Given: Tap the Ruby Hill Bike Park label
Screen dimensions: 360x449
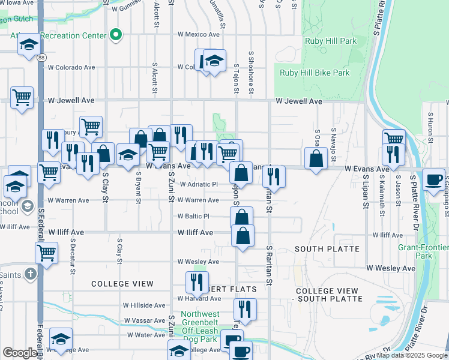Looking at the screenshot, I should [315, 73].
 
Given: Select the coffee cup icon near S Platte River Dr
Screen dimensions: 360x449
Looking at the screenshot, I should [433, 179].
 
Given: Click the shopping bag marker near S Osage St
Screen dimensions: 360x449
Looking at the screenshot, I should [315, 159].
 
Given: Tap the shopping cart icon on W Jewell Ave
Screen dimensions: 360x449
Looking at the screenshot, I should [22, 97].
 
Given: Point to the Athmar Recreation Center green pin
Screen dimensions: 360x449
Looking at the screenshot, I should [116, 35].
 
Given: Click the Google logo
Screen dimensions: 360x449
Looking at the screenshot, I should [20, 353].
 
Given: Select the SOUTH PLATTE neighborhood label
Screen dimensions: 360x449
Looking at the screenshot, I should [327, 248].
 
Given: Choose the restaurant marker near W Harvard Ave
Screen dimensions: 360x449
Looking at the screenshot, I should [196, 282].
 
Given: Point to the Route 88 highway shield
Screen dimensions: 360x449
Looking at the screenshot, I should [41, 57].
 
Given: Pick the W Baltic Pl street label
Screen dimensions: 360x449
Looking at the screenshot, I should [193, 216].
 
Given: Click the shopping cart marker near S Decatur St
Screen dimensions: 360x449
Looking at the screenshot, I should [46, 254].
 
